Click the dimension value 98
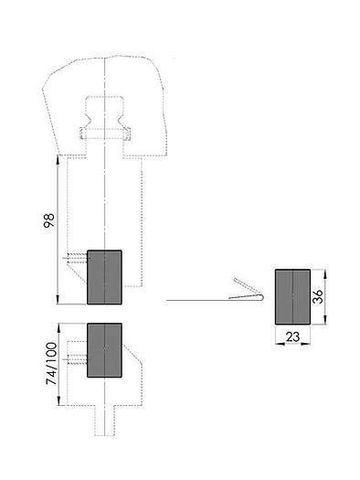tap(49, 220)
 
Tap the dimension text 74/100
tap(51, 363)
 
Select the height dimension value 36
tap(317, 296)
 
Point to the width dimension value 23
tap(292, 337)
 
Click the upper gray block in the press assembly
tap(104, 277)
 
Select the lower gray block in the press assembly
tap(104, 350)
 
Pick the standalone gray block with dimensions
tap(292, 296)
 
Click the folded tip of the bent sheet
tap(262, 297)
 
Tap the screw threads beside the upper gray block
tap(77, 259)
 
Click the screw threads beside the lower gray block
tap(77, 358)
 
